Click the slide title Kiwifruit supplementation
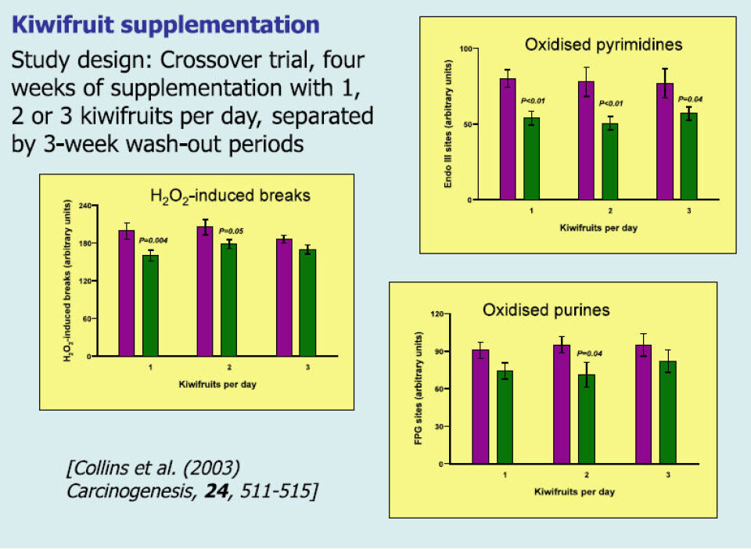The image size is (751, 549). click(165, 24)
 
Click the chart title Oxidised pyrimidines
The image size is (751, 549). click(603, 45)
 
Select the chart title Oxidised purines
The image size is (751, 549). click(546, 310)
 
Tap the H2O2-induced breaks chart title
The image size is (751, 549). click(230, 196)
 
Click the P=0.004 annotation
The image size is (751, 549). click(153, 240)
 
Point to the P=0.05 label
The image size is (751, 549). click(232, 231)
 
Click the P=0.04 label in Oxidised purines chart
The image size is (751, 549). click(590, 353)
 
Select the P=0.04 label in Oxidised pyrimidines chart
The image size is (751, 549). click(690, 99)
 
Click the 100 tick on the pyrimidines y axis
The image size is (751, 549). click(466, 48)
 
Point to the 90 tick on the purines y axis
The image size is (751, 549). click(439, 351)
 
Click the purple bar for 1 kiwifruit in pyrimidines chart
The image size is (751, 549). click(508, 138)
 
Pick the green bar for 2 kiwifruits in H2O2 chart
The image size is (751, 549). click(228, 300)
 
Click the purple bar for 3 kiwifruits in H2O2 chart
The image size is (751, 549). click(284, 297)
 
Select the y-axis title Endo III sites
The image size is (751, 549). click(448, 124)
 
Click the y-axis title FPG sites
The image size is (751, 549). click(418, 388)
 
